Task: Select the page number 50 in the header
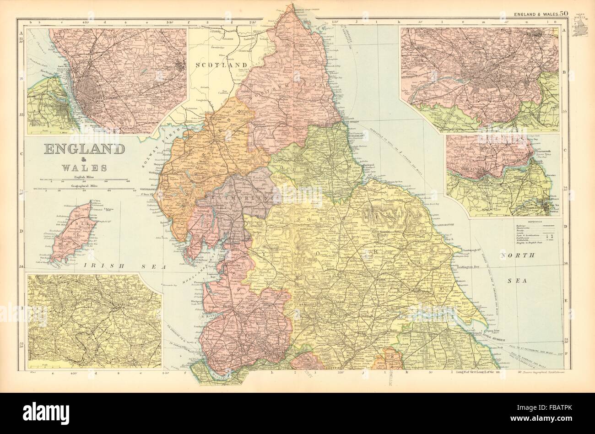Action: point(563,14)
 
